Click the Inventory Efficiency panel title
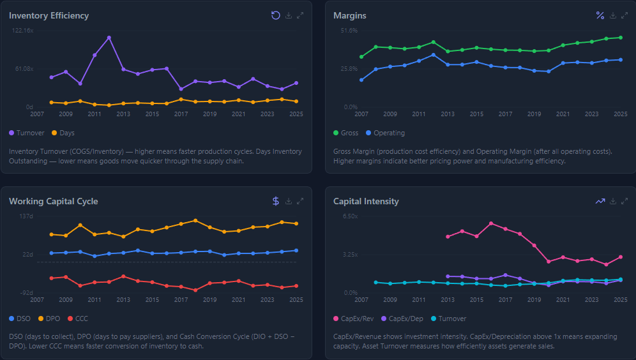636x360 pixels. click(x=49, y=15)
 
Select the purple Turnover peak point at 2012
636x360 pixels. click(x=109, y=38)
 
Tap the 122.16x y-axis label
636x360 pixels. click(x=22, y=31)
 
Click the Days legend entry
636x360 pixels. click(x=63, y=133)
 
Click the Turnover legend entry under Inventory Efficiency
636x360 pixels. click(x=27, y=133)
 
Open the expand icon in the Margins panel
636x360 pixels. click(x=625, y=15)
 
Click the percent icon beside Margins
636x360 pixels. click(x=600, y=15)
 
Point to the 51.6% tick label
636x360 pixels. click(x=349, y=31)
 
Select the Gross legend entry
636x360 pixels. click(x=345, y=133)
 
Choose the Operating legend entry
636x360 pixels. click(x=385, y=133)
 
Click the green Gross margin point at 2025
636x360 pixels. click(x=621, y=38)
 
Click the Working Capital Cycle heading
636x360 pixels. click(x=54, y=201)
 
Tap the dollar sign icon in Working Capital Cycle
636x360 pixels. click(x=276, y=201)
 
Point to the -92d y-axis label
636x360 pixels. click(x=26, y=292)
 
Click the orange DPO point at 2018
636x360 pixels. click(x=195, y=221)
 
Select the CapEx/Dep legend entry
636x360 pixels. click(x=401, y=318)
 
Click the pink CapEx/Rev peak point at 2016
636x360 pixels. click(x=491, y=223)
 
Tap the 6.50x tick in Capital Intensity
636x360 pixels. click(x=350, y=216)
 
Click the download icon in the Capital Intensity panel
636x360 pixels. click(x=613, y=201)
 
